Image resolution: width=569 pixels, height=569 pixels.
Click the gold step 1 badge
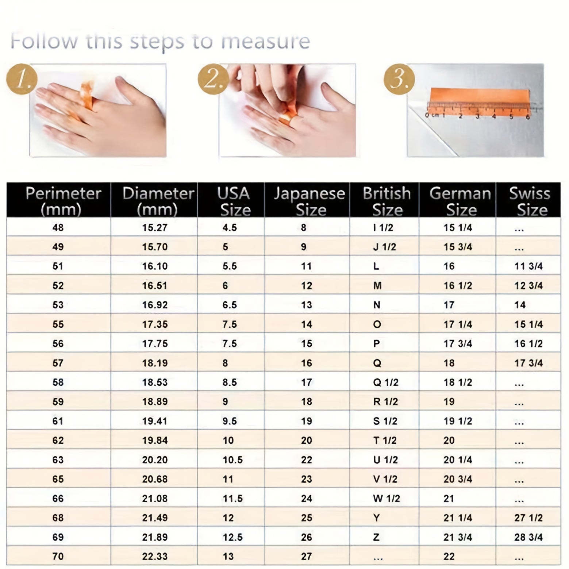coord(22,79)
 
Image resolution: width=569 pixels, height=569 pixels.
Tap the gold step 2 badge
coord(214,79)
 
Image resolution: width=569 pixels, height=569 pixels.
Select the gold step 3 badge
coord(399,79)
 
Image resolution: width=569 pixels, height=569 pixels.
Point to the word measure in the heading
coord(265,41)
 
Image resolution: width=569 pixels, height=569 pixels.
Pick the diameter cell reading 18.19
coord(155,363)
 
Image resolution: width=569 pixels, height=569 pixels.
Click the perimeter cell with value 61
coord(58,421)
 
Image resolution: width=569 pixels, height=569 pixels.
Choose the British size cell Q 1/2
coord(386,382)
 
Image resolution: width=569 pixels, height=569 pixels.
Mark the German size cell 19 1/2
coord(458,421)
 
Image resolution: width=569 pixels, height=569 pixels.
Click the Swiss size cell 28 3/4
coord(528,537)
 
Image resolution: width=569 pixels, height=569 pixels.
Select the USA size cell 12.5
coord(233,537)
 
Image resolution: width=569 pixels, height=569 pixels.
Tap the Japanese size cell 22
coord(307,460)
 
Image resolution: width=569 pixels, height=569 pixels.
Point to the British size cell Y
coord(377,518)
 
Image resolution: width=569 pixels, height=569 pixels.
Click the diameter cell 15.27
coord(155,227)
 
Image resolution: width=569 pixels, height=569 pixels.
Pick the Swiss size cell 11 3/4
coord(528,266)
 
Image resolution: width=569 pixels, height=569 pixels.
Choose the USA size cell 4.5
coord(230,227)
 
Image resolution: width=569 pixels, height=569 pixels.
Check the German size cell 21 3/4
coord(458,537)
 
